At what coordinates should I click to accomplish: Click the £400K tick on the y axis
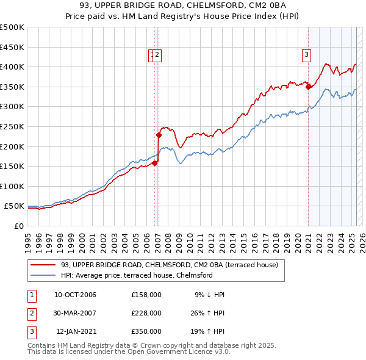pos(12,67)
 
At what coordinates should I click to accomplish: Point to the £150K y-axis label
pos(12,166)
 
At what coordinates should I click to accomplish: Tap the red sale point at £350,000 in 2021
pos(309,87)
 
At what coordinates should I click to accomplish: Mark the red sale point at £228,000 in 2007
pos(159,135)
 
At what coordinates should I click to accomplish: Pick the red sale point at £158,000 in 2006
pos(155,163)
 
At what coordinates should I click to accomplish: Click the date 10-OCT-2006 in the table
pos(75,295)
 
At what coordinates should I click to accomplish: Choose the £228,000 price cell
pos(146,313)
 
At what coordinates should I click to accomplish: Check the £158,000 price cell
pos(146,295)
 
